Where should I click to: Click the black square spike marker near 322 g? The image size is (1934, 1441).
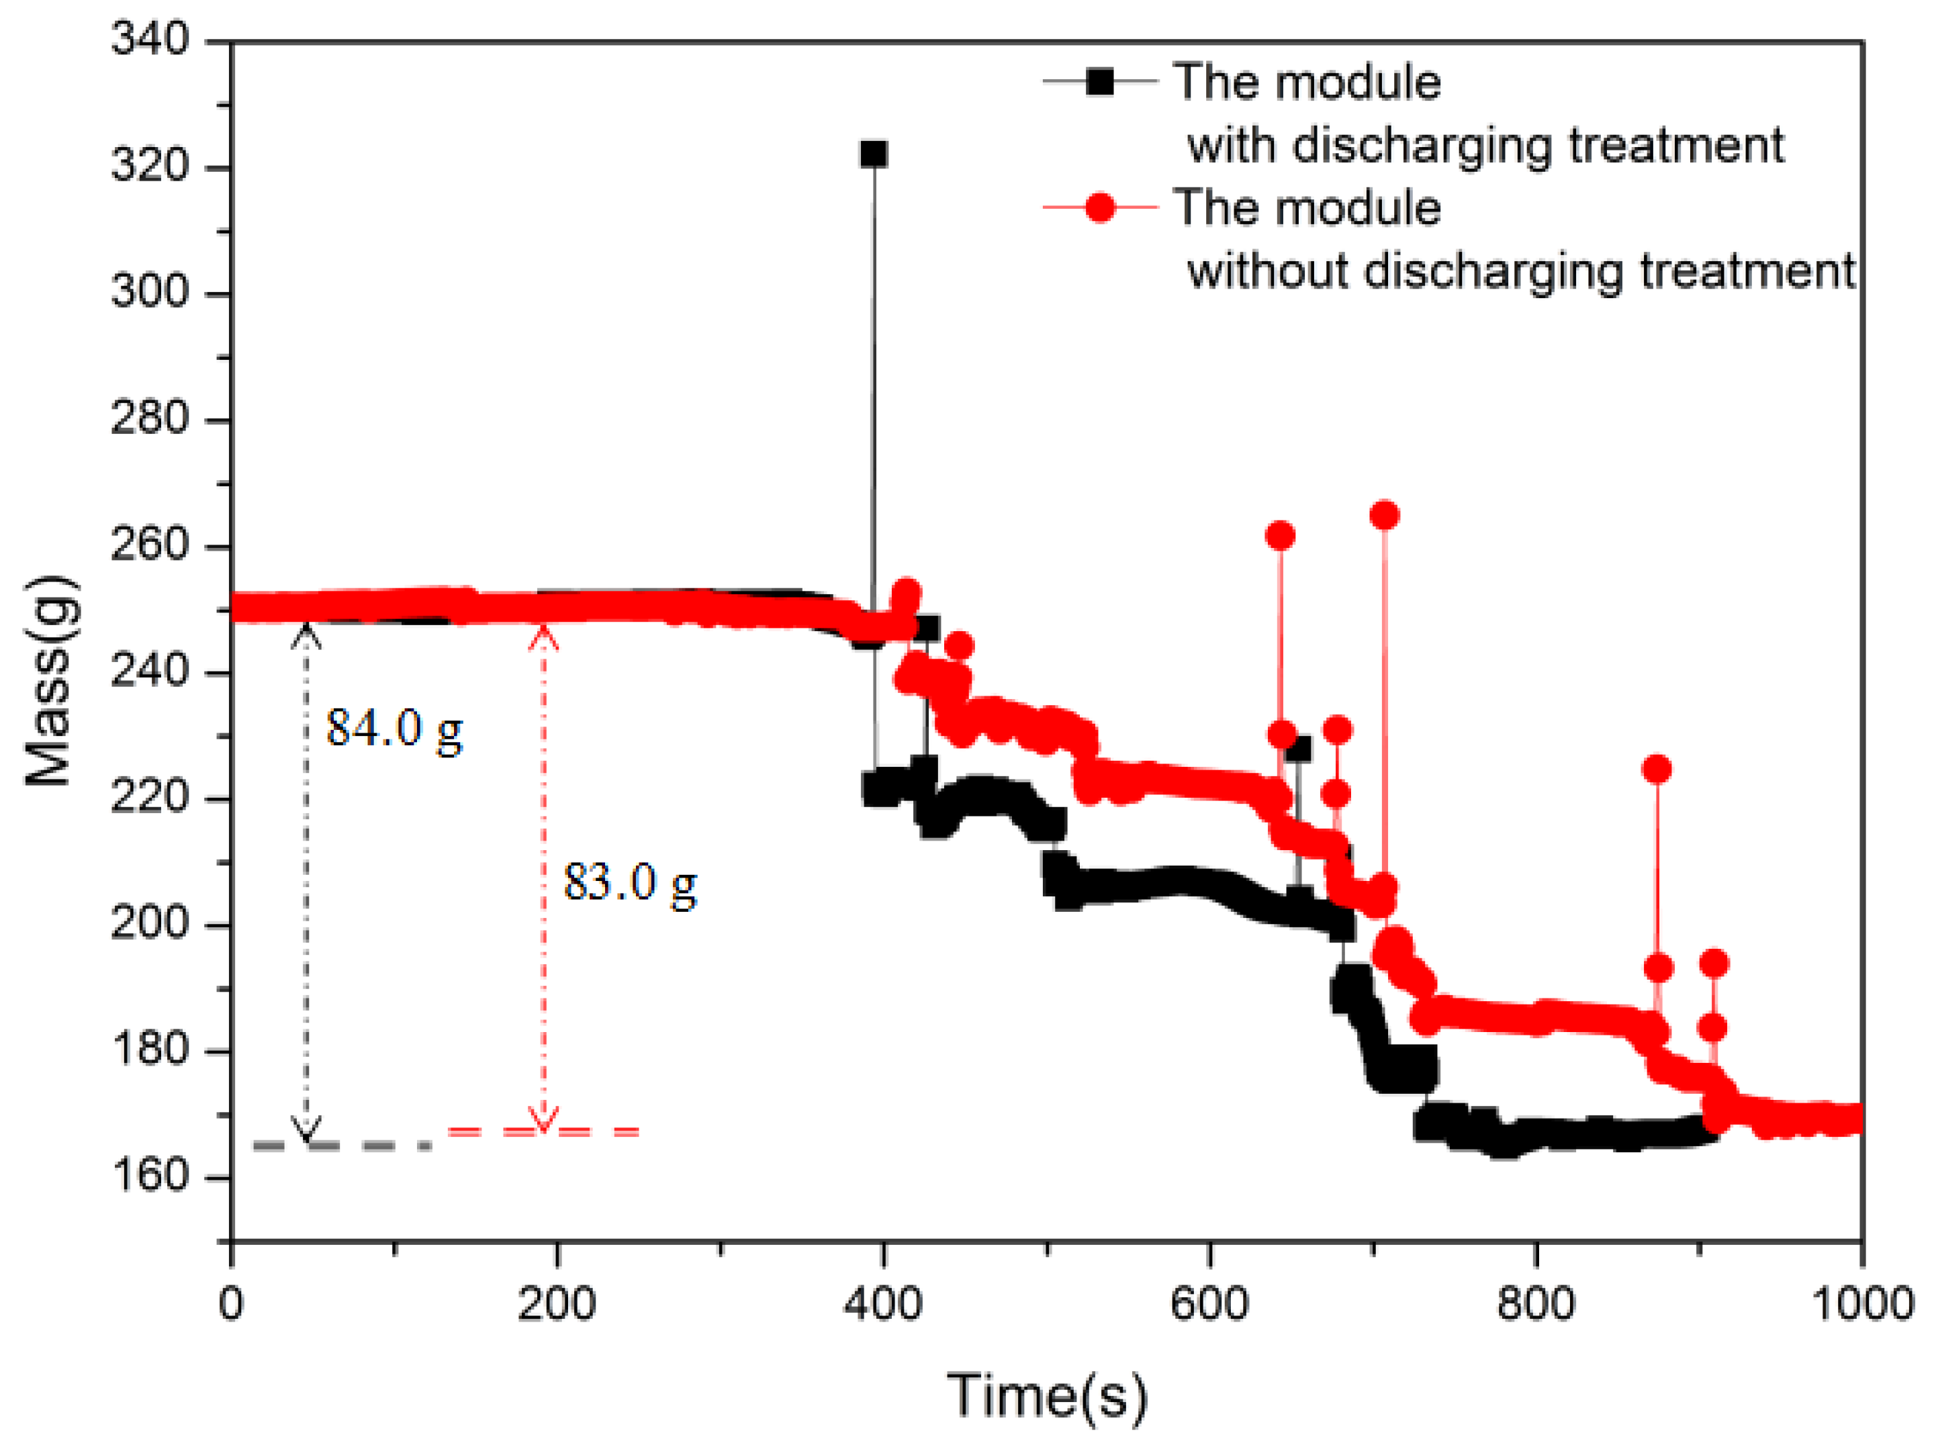tap(873, 154)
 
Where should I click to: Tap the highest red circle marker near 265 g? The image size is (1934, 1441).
tap(1385, 516)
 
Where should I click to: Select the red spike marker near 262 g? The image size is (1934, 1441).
tap(1280, 536)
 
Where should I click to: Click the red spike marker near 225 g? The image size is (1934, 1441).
tap(1657, 768)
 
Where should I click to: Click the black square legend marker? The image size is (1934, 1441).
tap(1100, 81)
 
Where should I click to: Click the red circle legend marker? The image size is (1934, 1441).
tap(1100, 207)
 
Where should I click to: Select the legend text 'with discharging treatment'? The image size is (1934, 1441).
tap(1485, 145)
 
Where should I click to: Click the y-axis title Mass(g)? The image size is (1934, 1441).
tap(50, 680)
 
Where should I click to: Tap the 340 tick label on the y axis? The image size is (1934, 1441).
tap(150, 40)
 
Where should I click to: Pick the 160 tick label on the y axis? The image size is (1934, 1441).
tap(150, 1176)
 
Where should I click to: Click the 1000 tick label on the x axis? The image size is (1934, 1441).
tap(1861, 1304)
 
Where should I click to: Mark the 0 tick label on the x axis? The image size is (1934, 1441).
tap(230, 1304)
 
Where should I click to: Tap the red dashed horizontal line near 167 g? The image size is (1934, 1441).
tap(543, 1131)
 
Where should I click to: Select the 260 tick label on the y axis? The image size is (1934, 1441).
tap(150, 546)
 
